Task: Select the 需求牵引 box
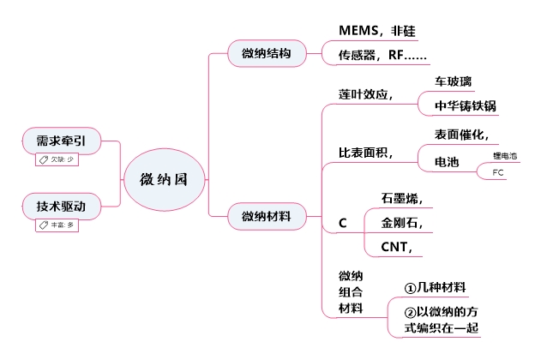[60, 140]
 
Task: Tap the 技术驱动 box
[60, 207]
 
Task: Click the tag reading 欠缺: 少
[56, 159]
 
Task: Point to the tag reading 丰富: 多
[56, 225]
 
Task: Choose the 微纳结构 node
[267, 54]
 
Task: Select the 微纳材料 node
[267, 216]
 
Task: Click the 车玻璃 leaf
[453, 82]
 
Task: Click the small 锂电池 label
[505, 156]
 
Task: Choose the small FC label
[499, 173]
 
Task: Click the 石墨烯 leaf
[402, 198]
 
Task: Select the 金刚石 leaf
[402, 223]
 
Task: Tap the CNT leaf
[398, 248]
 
